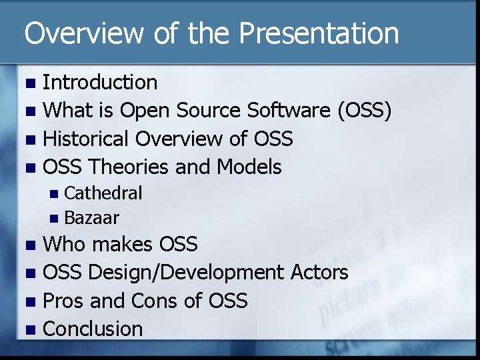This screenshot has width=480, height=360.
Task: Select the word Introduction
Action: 100,82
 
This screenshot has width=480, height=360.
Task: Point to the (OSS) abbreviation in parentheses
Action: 365,110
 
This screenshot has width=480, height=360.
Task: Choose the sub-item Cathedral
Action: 103,193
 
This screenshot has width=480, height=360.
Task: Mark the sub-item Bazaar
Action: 92,217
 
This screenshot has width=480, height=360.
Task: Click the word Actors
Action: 319,272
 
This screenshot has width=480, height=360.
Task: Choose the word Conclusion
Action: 93,329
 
